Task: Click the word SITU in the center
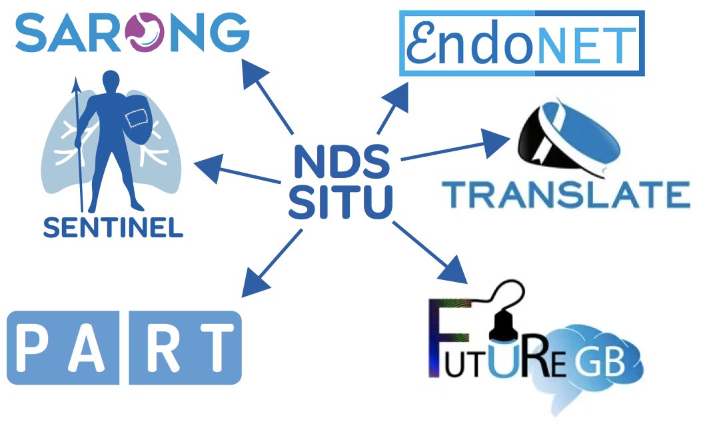pyautogui.click(x=340, y=200)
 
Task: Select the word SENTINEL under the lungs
pyautogui.click(x=113, y=229)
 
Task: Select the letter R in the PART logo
pyautogui.click(x=156, y=348)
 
